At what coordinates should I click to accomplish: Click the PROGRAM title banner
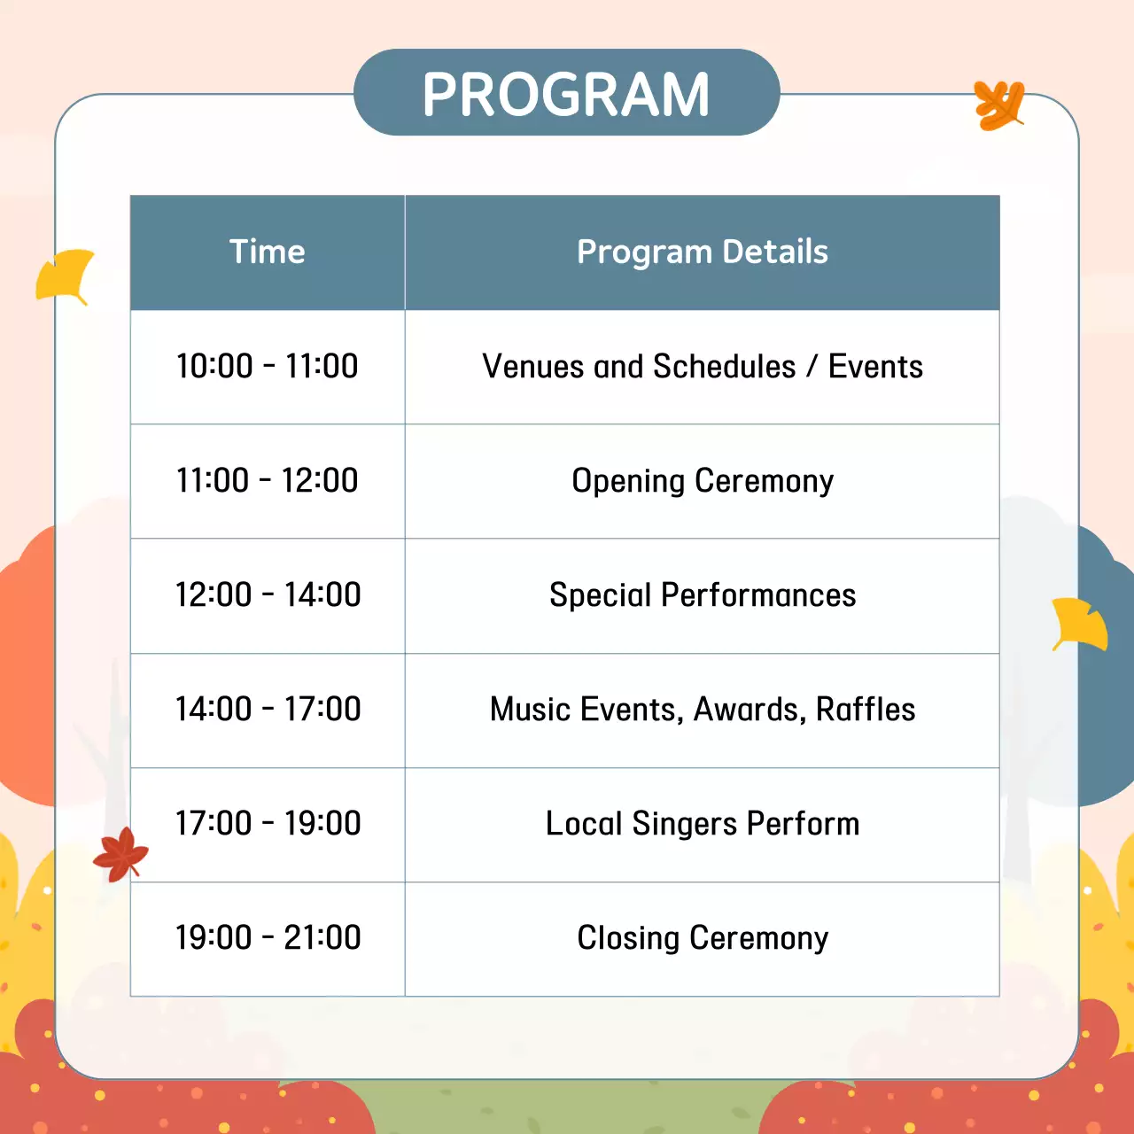[x=566, y=93]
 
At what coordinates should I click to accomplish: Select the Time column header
[x=268, y=252]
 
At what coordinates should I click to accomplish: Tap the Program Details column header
[x=702, y=252]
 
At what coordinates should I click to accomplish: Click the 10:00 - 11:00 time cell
[x=268, y=367]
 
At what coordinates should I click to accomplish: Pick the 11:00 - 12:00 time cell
[x=268, y=481]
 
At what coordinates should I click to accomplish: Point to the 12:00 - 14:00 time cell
[x=268, y=595]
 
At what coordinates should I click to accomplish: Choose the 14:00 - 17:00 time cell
[x=268, y=710]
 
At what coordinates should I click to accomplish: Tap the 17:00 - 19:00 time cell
[x=268, y=824]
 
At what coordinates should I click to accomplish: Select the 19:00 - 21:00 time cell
[x=268, y=938]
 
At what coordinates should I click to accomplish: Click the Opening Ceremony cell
[x=702, y=481]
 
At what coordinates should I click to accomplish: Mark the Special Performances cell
[x=702, y=595]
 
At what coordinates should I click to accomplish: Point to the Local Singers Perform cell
[x=702, y=824]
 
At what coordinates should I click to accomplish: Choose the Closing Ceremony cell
[x=702, y=938]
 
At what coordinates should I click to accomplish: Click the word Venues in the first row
[x=532, y=367]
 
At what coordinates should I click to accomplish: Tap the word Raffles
[x=865, y=710]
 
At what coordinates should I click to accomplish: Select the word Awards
[x=749, y=710]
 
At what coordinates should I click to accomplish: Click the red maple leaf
[x=120, y=854]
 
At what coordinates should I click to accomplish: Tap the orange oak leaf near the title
[x=999, y=105]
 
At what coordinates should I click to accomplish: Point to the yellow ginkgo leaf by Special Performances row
[x=1079, y=624]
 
